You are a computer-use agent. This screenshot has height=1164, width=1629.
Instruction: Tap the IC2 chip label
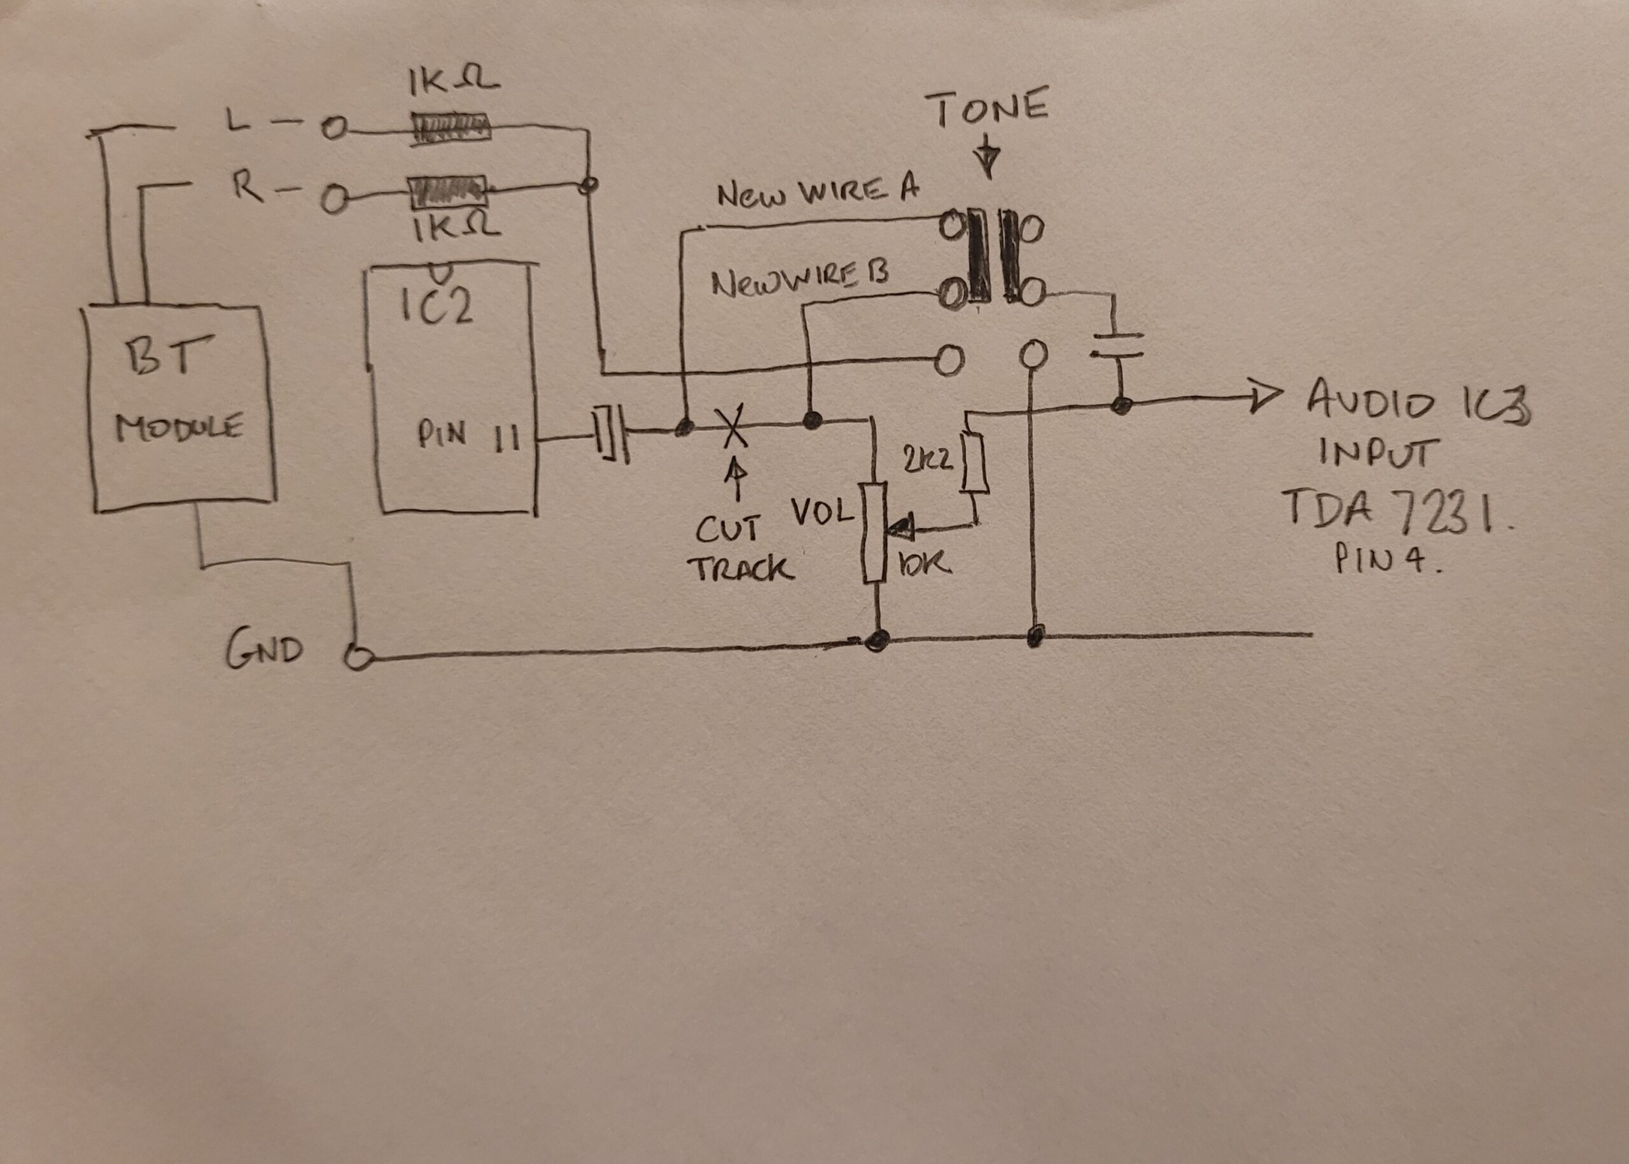pos(436,307)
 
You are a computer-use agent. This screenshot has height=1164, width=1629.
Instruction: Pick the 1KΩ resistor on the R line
pos(447,192)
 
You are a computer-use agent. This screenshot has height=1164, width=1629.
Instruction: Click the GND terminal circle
pos(358,657)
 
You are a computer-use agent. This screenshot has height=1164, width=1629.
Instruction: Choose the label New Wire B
pos(799,281)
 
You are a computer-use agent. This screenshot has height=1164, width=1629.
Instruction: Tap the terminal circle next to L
pos(333,129)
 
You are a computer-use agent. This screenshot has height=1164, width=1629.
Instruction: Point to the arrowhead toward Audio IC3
pos(1265,398)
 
